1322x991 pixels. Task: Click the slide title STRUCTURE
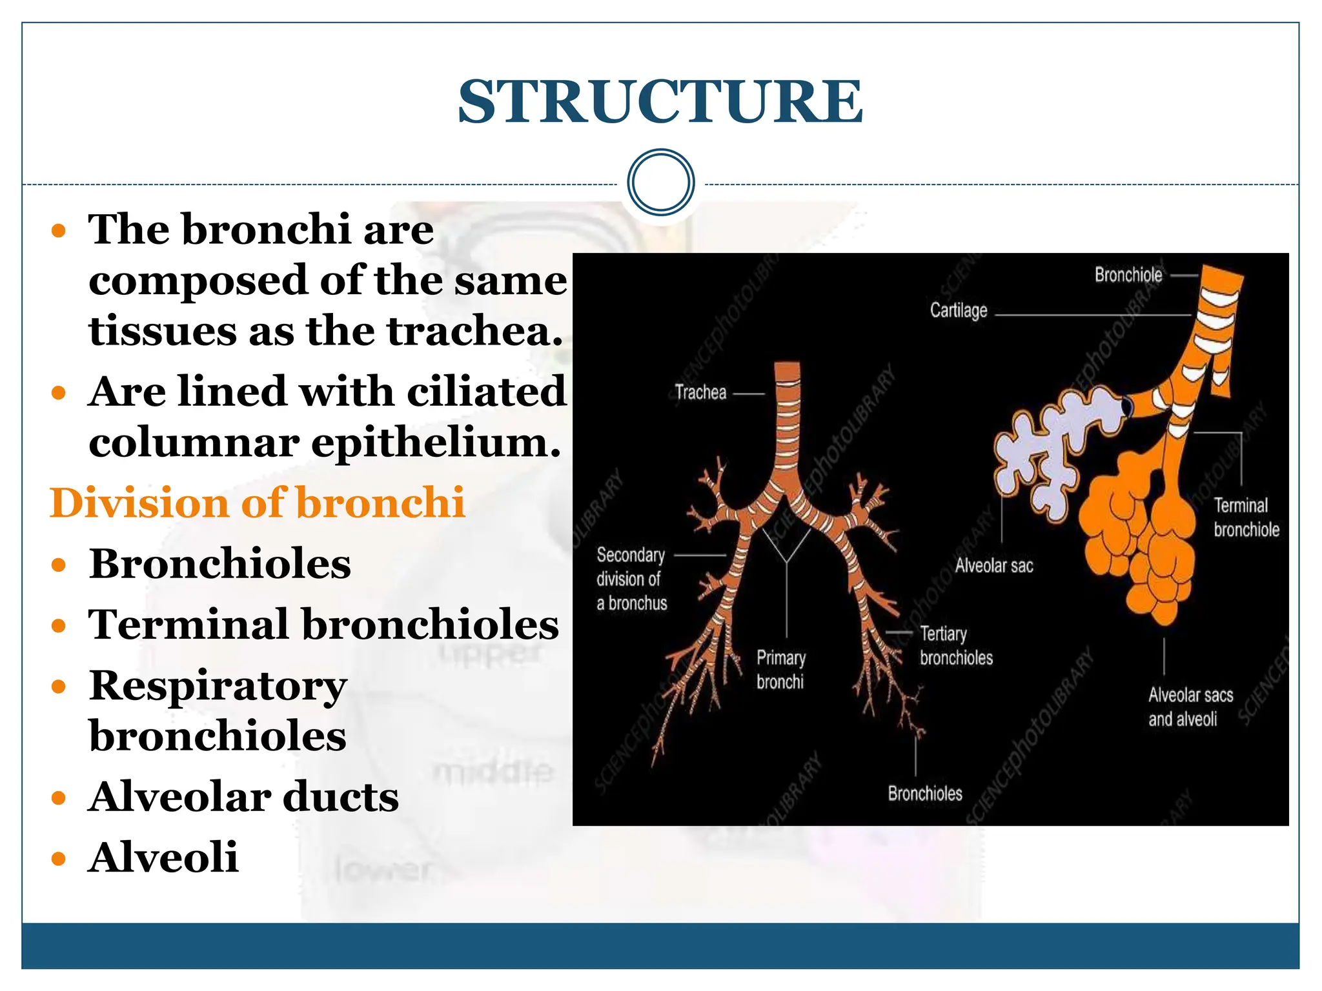660,102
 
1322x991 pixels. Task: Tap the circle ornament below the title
660,183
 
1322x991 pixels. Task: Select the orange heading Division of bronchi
257,503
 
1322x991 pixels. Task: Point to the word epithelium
436,443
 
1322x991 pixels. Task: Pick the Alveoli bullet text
163,857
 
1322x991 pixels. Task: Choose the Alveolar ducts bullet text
244,797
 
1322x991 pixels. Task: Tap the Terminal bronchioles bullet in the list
323,625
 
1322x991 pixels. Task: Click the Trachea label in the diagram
700,392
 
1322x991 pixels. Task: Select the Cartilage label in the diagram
959,311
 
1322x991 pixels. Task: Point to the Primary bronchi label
781,670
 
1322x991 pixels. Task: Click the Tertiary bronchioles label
956,646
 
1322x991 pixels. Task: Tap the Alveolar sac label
994,566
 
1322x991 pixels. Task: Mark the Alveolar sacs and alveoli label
1190,707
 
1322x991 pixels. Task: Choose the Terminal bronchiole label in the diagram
1246,517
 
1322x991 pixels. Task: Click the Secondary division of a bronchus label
631,579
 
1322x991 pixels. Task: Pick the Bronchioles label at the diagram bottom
924,794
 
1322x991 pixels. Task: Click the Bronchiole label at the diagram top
1128,275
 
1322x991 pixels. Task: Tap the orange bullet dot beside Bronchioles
59,565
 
